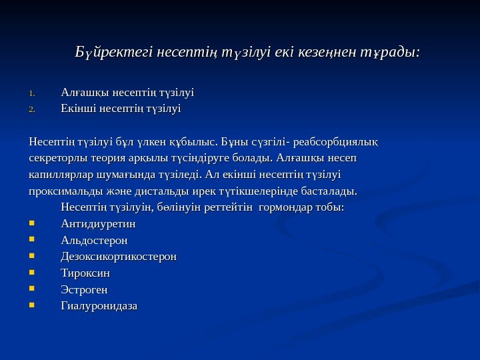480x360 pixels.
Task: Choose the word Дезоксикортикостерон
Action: click(x=119, y=257)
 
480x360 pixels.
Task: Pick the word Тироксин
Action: click(x=85, y=273)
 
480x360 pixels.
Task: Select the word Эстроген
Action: click(x=84, y=290)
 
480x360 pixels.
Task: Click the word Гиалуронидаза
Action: click(x=99, y=307)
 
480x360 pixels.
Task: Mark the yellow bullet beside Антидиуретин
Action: click(x=33, y=223)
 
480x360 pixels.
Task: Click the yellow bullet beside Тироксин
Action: click(x=33, y=273)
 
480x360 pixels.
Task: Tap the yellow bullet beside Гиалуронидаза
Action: click(x=33, y=307)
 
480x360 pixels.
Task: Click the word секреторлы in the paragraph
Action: click(x=59, y=159)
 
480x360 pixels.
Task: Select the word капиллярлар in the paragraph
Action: click(x=61, y=175)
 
